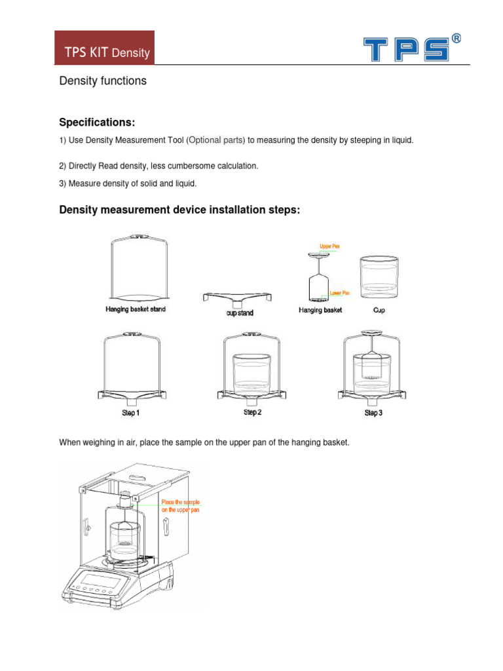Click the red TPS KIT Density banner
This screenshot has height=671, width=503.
click(104, 48)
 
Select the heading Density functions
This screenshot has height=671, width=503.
click(103, 81)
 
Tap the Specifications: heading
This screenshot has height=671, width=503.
click(97, 123)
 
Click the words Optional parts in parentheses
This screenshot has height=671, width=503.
click(216, 140)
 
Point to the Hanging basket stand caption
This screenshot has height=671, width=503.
click(136, 309)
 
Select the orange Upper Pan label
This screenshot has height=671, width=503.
click(329, 246)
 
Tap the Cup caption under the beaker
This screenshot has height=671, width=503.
click(379, 310)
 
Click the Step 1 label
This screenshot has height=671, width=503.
click(130, 413)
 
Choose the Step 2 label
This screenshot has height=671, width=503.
click(252, 412)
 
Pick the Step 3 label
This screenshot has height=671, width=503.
click(373, 413)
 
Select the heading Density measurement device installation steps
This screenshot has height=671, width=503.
click(179, 210)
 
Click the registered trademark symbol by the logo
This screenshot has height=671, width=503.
click(456, 39)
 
